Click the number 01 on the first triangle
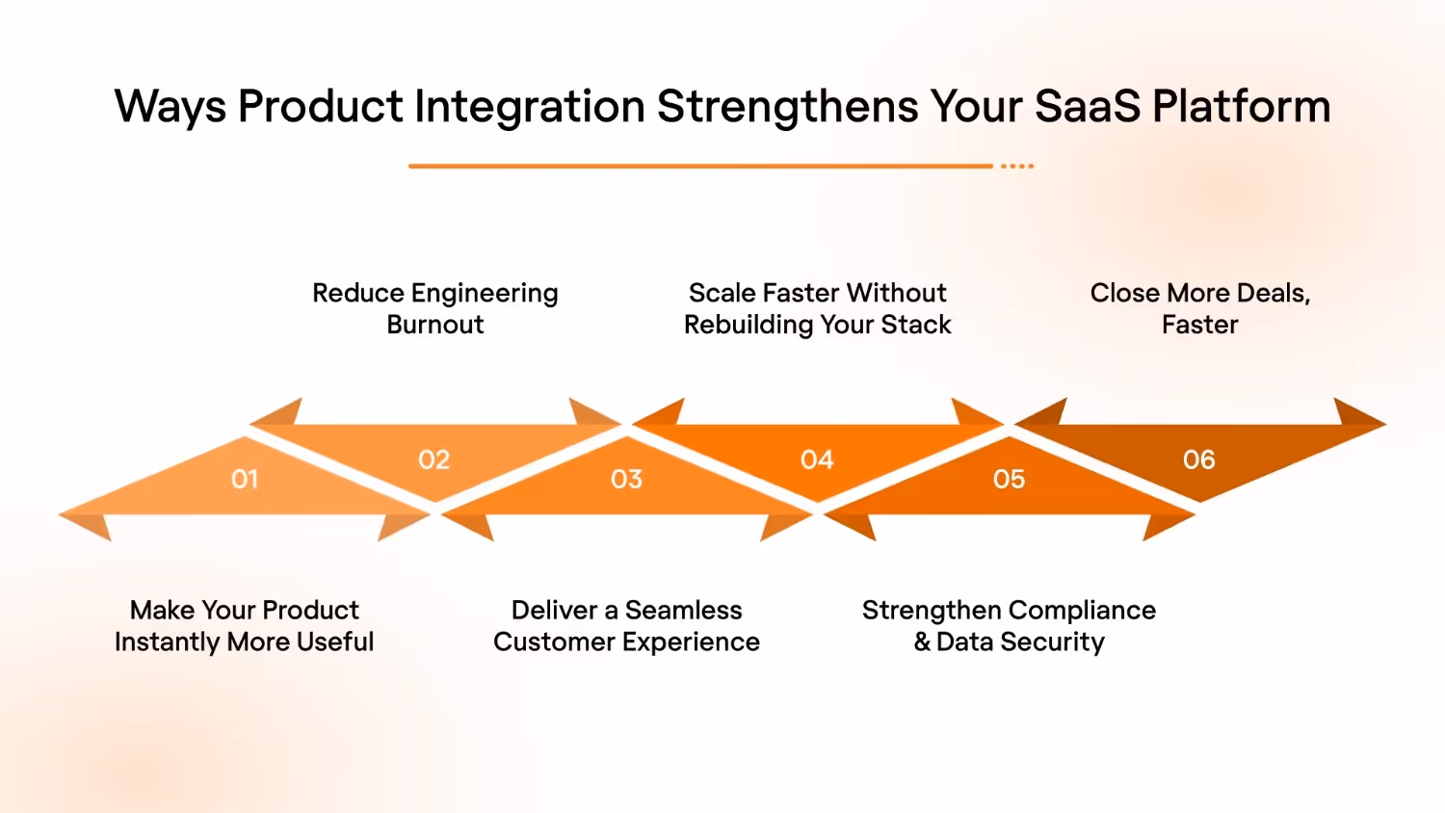(x=245, y=479)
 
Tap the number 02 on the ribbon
(x=433, y=459)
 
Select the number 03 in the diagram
(x=626, y=479)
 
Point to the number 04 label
(x=817, y=459)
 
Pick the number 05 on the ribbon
(x=1009, y=479)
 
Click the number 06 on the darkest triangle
(x=1199, y=459)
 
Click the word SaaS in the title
(x=1087, y=107)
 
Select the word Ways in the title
(x=170, y=107)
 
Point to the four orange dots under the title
(x=1016, y=167)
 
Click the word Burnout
(x=435, y=325)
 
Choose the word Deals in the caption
(x=1272, y=294)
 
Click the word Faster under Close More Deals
(x=1199, y=325)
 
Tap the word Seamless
(x=683, y=610)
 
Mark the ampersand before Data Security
(x=922, y=643)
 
